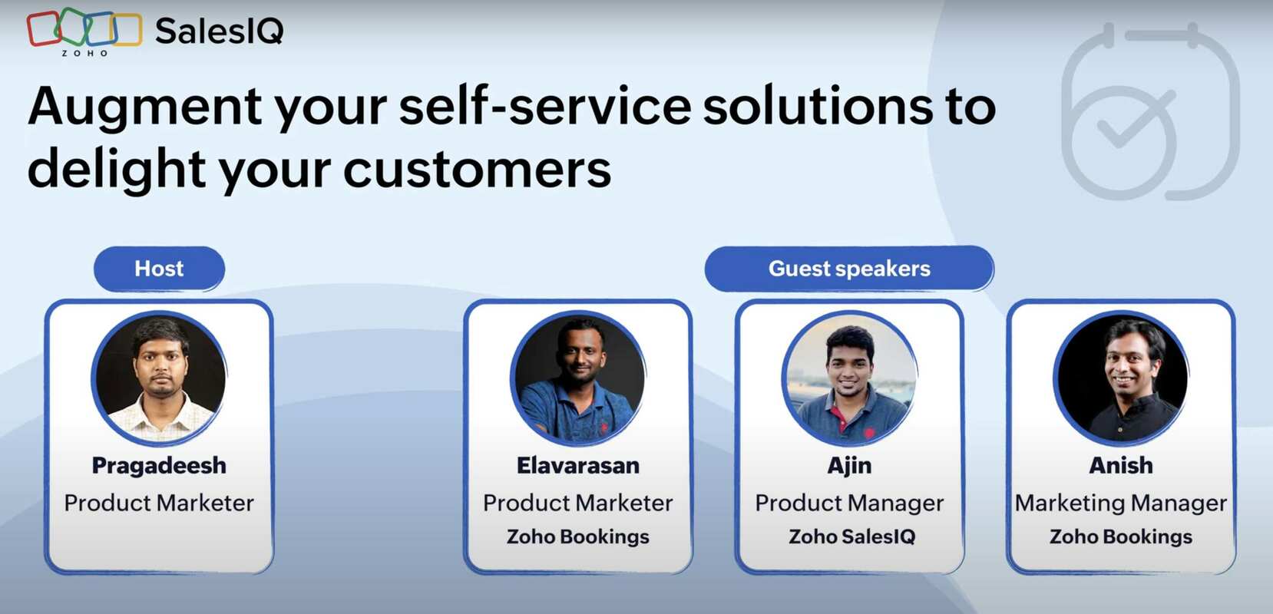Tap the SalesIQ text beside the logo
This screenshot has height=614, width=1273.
pyautogui.click(x=219, y=31)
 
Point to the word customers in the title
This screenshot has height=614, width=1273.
pyautogui.click(x=477, y=169)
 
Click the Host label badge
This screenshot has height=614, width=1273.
pyautogui.click(x=159, y=269)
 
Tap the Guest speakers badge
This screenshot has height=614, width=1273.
pyautogui.click(x=849, y=269)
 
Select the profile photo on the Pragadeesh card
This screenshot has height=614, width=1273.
pyautogui.click(x=159, y=378)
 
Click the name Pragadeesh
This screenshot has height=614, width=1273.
pyautogui.click(x=159, y=465)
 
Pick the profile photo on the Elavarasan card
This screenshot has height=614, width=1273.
pyautogui.click(x=578, y=378)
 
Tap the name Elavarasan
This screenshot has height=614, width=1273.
pyautogui.click(x=578, y=465)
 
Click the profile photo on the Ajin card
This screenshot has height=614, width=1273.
pyautogui.click(x=849, y=378)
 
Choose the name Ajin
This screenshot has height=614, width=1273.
pyautogui.click(x=849, y=465)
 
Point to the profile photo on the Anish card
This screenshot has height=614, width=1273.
pyautogui.click(x=1121, y=378)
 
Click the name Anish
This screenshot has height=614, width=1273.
pyautogui.click(x=1121, y=465)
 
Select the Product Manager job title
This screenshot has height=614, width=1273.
pyautogui.click(x=849, y=503)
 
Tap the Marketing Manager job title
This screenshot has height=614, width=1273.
pyautogui.click(x=1121, y=503)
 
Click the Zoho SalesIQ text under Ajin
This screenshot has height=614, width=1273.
pyautogui.click(x=852, y=536)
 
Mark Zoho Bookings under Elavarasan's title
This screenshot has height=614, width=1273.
pyautogui.click(x=578, y=536)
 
